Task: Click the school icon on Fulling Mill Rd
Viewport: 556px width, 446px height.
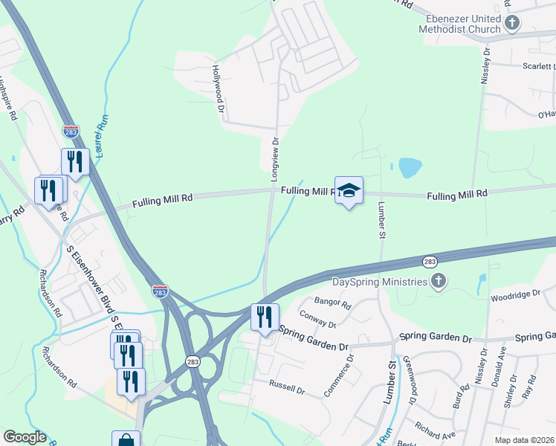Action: [x=349, y=190]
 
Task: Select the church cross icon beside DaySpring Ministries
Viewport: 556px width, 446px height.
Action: [x=439, y=281]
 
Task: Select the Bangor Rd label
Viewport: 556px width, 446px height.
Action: [x=332, y=303]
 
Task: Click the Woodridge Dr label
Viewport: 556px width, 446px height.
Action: [x=515, y=295]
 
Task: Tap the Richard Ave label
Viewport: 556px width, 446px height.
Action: [x=436, y=429]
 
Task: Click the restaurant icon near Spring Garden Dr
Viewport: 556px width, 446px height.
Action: [x=265, y=317]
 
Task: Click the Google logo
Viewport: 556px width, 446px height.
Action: [x=25, y=437]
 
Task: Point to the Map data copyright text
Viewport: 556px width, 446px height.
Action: [x=524, y=440]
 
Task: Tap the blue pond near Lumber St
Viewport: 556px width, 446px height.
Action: [x=410, y=168]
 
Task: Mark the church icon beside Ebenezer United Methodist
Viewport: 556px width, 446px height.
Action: [x=511, y=23]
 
